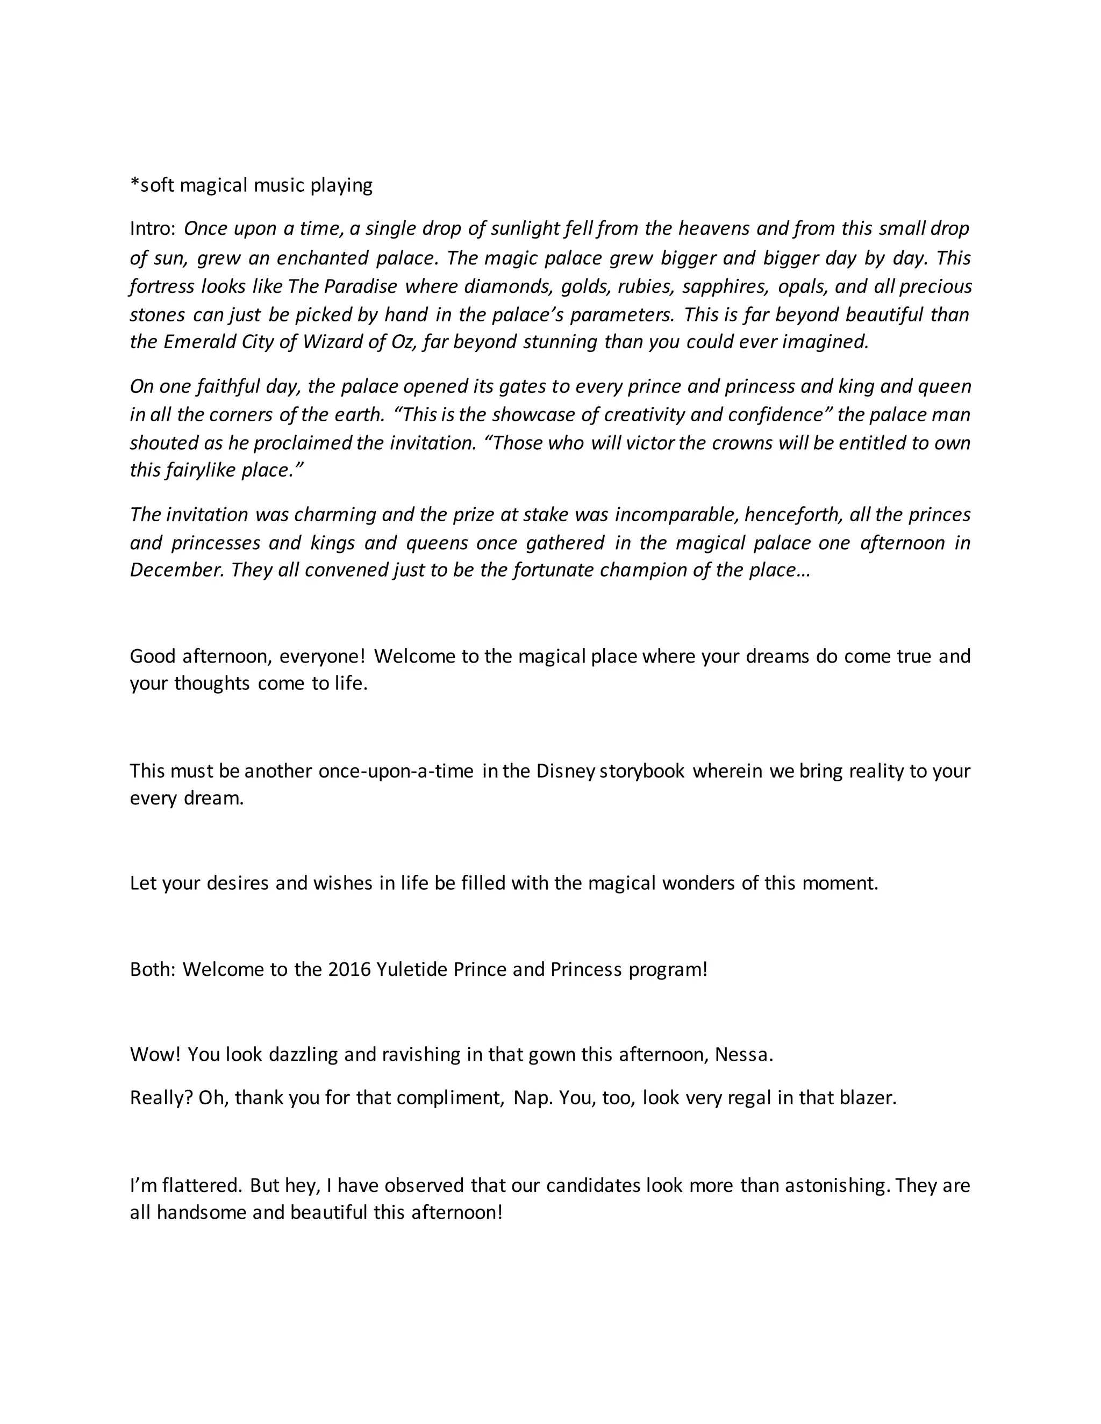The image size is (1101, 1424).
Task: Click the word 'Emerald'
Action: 199,342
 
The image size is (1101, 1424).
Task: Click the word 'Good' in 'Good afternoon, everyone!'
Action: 153,656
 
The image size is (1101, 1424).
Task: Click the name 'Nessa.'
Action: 743,1055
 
